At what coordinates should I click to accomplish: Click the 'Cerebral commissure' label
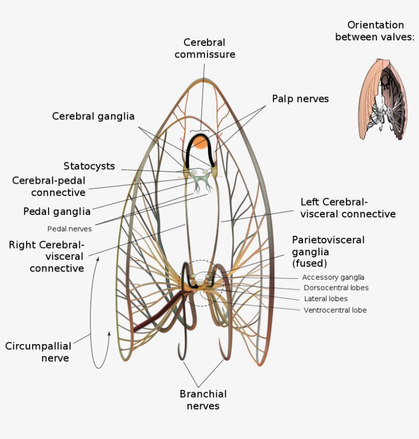204,48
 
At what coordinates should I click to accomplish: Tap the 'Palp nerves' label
300,99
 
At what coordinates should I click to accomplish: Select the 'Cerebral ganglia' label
94,116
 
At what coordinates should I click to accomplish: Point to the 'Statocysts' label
89,166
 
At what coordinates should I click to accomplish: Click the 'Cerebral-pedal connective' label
49,186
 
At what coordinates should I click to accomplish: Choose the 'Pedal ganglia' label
57,211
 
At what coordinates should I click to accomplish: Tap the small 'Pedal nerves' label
69,229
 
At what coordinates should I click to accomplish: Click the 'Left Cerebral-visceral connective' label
347,208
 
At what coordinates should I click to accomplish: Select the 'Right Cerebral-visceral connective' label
46,256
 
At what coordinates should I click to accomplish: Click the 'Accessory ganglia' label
333,277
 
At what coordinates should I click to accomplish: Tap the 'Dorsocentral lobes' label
336,288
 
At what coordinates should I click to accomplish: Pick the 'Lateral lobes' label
326,299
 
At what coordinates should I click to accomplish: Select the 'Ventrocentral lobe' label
335,310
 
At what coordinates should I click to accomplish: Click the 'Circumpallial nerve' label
37,352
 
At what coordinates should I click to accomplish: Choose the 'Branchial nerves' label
203,400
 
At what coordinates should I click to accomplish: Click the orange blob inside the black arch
199,141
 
